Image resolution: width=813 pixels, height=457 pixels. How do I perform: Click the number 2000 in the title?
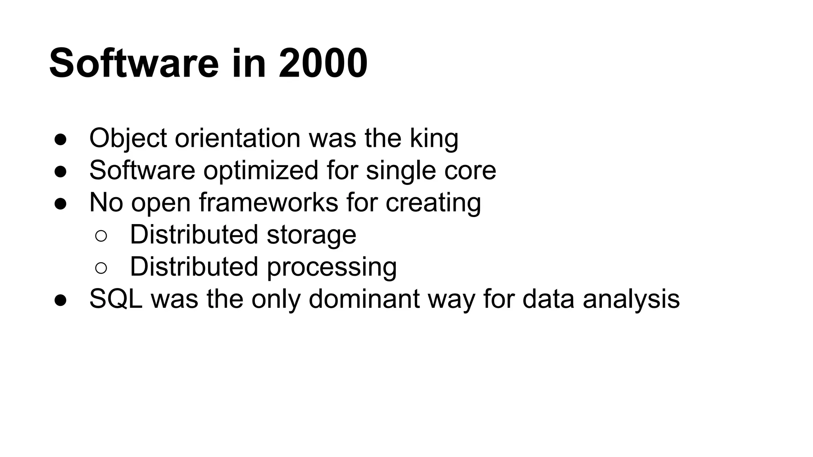point(323,63)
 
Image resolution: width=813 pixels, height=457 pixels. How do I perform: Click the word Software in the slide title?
point(134,63)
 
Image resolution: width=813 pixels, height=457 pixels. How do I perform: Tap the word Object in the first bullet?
point(128,138)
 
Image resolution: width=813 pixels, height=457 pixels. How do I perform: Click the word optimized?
point(261,171)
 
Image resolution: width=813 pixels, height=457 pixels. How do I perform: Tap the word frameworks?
point(268,202)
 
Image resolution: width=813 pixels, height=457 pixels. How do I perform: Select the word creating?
point(433,202)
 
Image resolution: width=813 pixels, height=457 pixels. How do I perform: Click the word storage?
point(311,235)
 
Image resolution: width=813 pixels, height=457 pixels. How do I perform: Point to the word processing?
point(331,267)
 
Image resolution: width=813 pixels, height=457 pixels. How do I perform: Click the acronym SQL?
point(116,299)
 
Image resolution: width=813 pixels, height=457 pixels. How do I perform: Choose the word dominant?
point(364,299)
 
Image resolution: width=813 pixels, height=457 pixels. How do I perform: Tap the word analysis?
point(631,299)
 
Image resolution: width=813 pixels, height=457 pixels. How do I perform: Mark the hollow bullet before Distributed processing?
point(101,268)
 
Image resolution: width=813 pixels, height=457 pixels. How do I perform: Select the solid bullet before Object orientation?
point(60,140)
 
